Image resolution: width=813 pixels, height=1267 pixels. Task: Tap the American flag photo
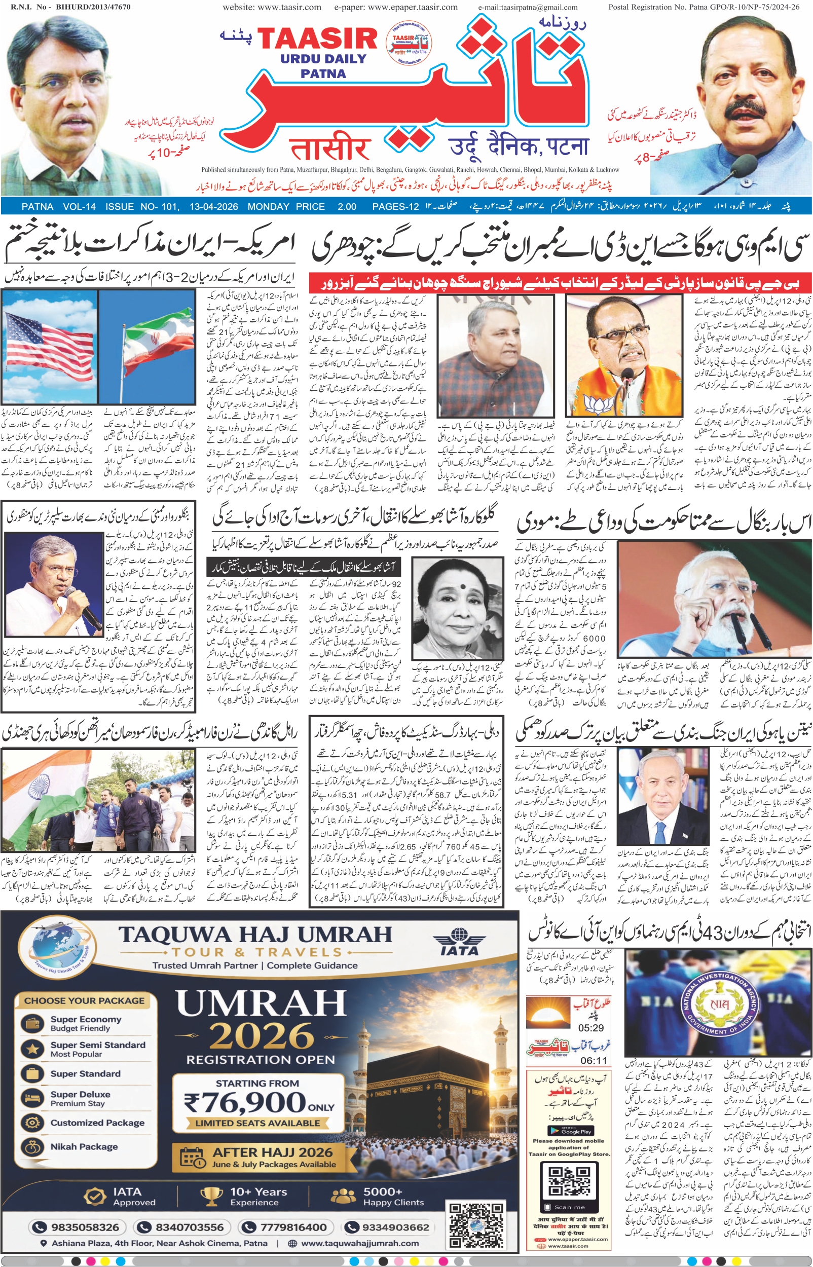pyautogui.click(x=49, y=346)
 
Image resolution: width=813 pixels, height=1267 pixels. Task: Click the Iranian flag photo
pyautogui.click(x=151, y=346)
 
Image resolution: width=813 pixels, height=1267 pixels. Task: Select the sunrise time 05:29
pyautogui.click(x=590, y=1027)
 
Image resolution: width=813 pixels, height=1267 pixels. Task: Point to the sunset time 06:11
pyautogui.click(x=593, y=1060)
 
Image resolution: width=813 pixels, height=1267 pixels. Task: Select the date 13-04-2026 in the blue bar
pyautogui.click(x=213, y=206)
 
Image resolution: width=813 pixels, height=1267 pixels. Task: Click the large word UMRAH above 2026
pyautogui.click(x=261, y=1002)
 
